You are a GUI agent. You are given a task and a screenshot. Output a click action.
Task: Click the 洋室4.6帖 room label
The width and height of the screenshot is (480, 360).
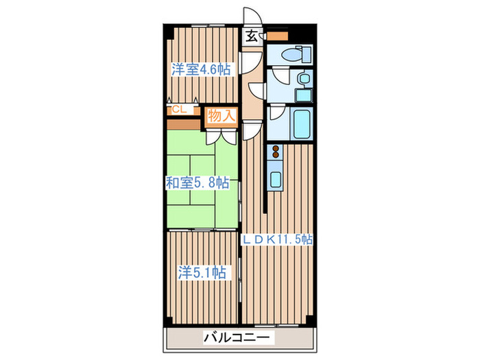[201, 69]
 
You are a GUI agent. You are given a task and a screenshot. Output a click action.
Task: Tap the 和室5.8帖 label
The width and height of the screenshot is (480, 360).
[197, 183]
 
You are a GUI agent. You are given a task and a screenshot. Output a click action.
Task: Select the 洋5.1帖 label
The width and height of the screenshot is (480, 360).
[203, 272]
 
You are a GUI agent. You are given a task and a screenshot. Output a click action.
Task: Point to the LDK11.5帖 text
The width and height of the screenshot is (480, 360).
[278, 239]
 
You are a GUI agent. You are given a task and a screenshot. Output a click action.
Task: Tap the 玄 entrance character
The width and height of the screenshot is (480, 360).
[252, 36]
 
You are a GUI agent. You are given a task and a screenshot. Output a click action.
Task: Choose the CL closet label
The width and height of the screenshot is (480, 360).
[178, 109]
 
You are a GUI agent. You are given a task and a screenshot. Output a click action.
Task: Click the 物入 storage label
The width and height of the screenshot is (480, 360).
[221, 117]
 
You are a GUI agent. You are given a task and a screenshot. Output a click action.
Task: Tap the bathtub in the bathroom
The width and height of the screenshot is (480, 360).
[302, 124]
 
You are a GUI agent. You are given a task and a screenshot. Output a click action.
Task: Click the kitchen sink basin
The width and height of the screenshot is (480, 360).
[276, 180]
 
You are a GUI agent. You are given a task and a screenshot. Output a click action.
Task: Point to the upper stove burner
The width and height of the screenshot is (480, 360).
[276, 149]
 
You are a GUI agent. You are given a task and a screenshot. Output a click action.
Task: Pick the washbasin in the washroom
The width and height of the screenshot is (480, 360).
[304, 79]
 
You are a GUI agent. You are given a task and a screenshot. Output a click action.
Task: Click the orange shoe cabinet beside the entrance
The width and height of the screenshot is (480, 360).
[277, 36]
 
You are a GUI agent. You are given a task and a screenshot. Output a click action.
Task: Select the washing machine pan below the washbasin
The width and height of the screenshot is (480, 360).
[304, 95]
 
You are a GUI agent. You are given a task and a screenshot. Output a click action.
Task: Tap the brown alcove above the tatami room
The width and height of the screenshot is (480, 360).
[183, 124]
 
